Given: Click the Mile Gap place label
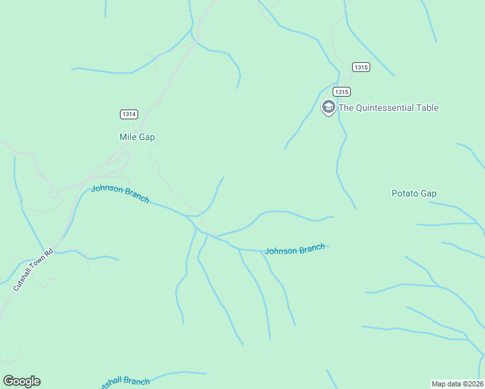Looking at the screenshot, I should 137,137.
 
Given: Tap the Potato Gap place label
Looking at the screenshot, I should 414,193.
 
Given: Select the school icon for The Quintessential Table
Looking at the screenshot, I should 329,107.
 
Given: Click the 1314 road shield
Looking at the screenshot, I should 129,114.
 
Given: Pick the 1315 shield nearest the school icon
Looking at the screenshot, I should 342,91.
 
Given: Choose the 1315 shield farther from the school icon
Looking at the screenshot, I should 361,67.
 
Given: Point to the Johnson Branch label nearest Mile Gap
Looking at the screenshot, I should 120,194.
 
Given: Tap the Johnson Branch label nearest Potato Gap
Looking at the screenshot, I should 294,250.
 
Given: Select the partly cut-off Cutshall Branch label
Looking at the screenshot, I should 124,383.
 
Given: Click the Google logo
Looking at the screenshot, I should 21,381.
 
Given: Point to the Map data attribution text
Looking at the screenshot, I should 456,383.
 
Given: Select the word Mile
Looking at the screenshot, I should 128,137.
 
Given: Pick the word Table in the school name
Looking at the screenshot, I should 427,108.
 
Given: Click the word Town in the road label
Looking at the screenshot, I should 38,264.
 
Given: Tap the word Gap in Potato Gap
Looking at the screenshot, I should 429,193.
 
